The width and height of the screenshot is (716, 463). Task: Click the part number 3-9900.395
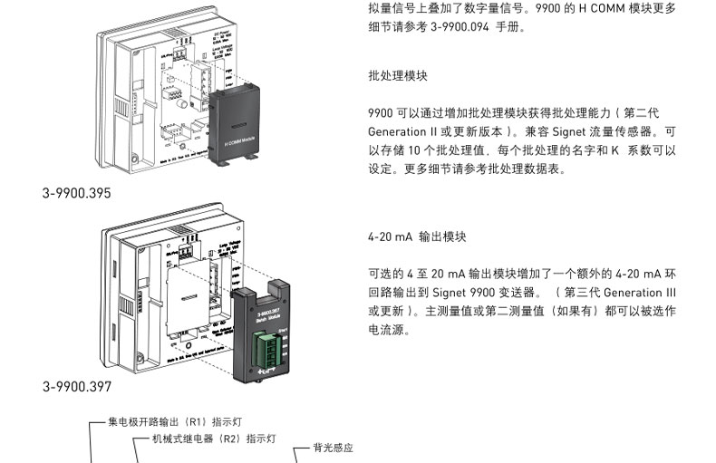(x=77, y=193)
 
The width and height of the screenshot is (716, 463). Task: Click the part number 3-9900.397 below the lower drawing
(x=77, y=387)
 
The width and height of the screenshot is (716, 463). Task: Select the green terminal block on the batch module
(x=270, y=346)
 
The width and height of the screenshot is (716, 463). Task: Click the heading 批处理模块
(x=398, y=76)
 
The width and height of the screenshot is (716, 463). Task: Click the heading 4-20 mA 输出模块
(x=417, y=236)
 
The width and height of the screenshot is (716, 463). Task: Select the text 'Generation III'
(x=639, y=293)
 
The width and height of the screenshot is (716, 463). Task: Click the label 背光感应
(x=333, y=448)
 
